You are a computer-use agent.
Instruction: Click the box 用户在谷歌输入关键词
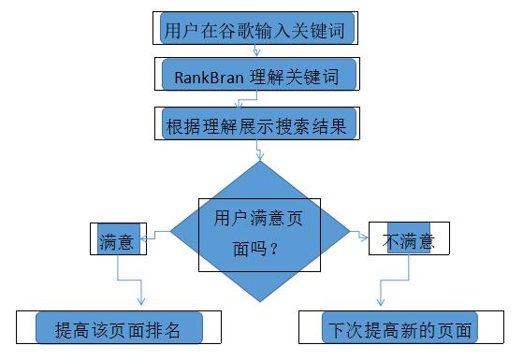pos(259,28)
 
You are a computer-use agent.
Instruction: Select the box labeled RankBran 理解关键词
pos(259,76)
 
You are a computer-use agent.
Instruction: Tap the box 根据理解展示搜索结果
pos(259,124)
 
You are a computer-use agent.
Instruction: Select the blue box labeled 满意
pos(118,241)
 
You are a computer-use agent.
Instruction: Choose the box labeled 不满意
pos(409,241)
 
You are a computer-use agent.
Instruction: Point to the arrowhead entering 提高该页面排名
pos(141,300)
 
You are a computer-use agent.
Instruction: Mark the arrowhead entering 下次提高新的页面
pos(380,302)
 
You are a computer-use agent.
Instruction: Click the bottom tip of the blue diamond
pos(260,303)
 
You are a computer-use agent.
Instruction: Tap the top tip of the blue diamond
pos(260,161)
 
